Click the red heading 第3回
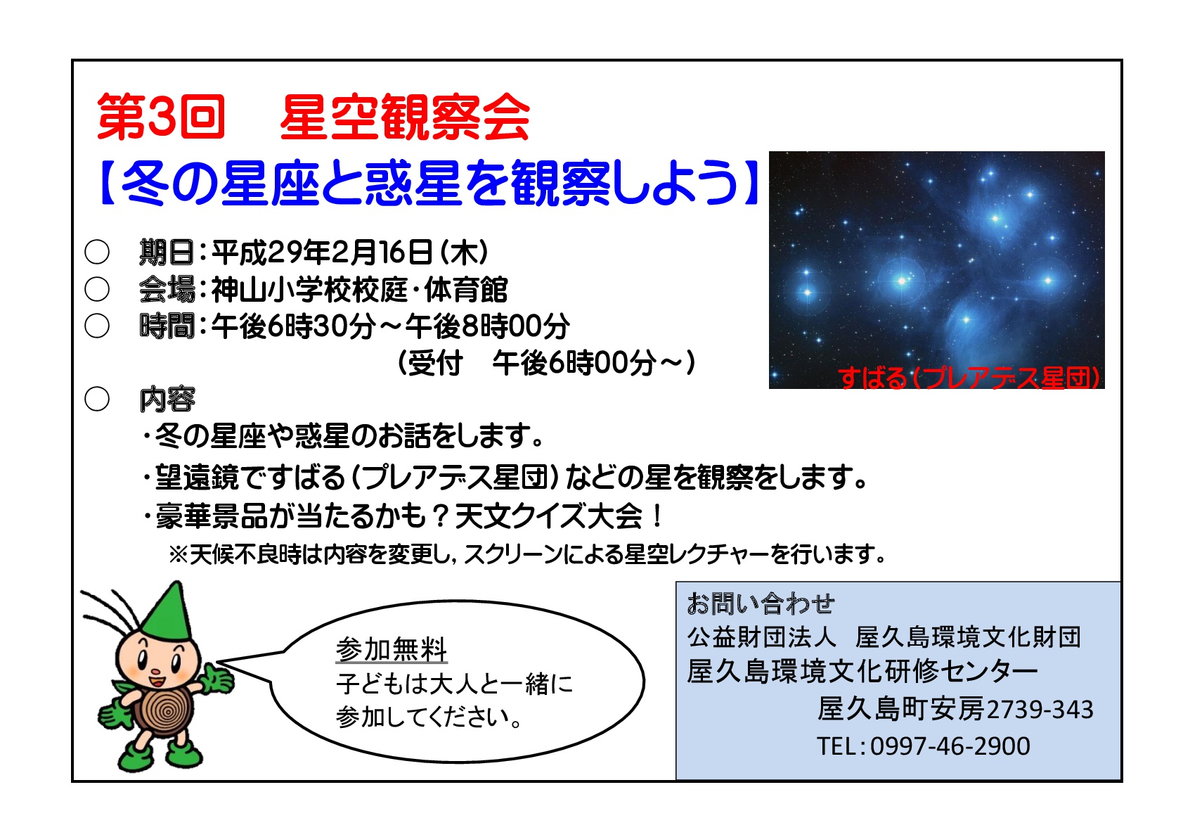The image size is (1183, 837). tap(161, 117)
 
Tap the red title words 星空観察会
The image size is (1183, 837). tap(404, 117)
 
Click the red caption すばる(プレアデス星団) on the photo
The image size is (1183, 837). tap(969, 378)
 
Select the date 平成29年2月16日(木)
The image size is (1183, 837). tap(349, 253)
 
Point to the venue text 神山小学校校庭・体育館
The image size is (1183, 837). tap(359, 289)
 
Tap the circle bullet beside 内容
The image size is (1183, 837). tap(97, 399)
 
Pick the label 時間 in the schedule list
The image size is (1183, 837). tap(167, 326)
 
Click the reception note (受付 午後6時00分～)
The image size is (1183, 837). tap(546, 363)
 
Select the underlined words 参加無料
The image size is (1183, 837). tap(391, 649)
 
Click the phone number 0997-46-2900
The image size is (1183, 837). tap(950, 746)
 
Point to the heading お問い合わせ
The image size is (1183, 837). tap(760, 603)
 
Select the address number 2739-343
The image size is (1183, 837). tap(1040, 709)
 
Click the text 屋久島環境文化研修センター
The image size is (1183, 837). tap(862, 672)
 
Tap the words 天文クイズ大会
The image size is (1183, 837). tap(549, 517)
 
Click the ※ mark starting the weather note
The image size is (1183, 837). tap(179, 554)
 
